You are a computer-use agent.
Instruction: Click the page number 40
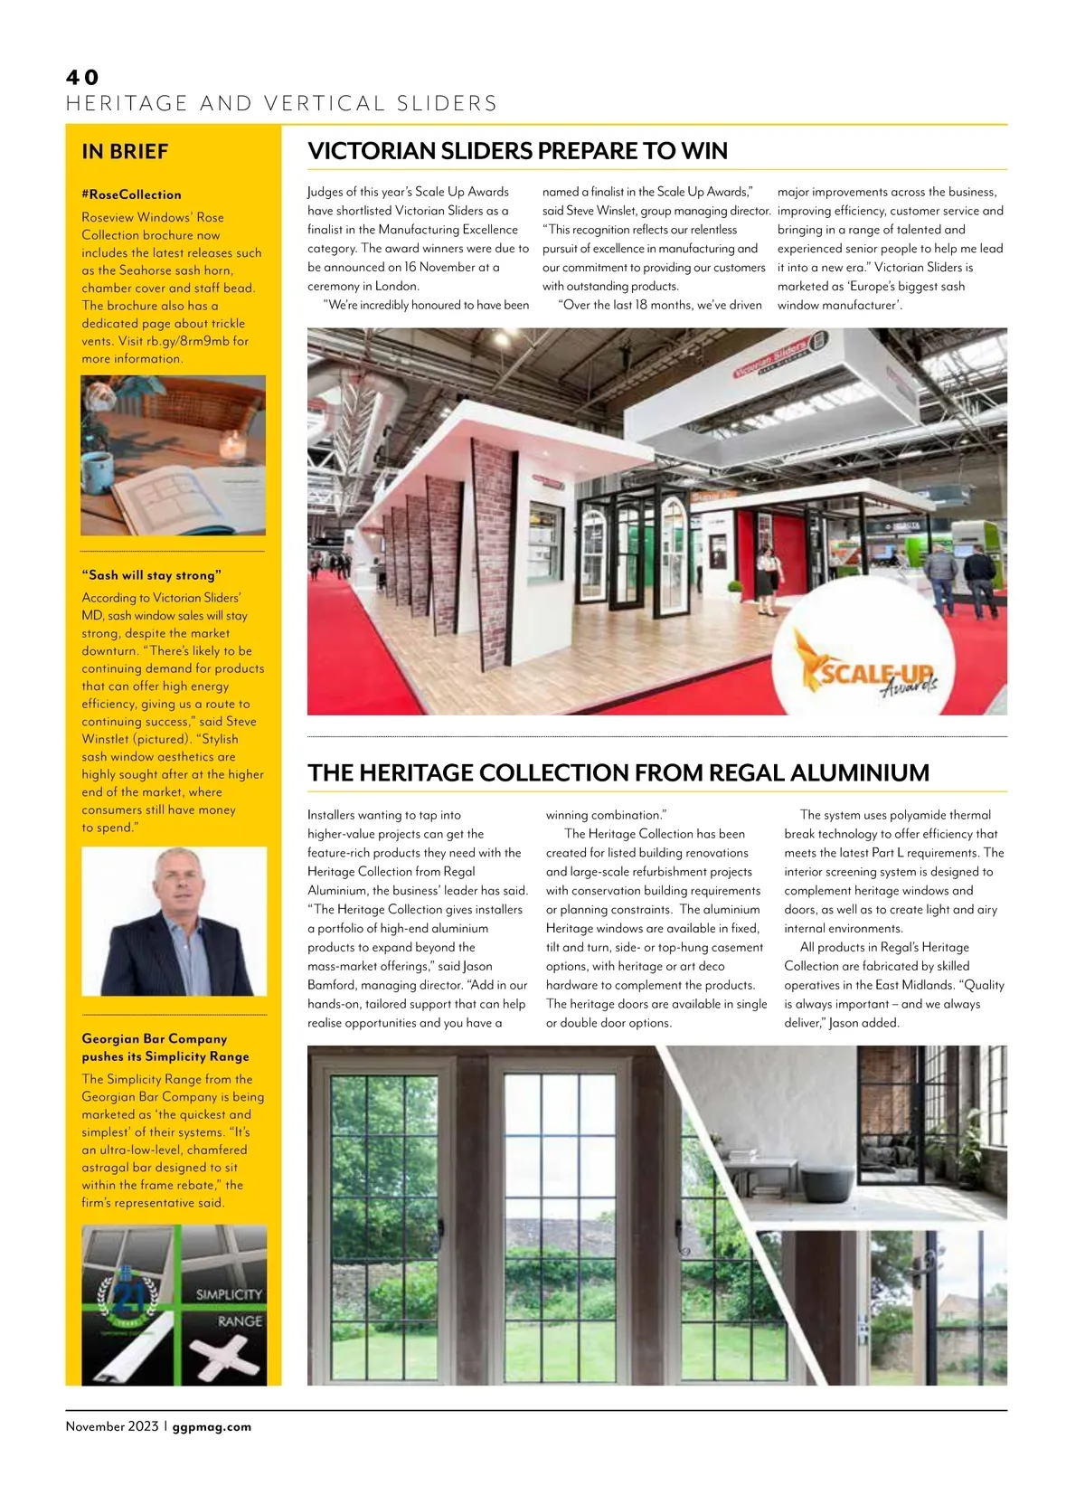(x=82, y=78)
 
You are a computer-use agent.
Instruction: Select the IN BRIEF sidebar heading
(x=125, y=152)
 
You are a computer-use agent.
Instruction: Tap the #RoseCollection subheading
(x=131, y=194)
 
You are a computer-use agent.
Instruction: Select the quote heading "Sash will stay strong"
(x=151, y=575)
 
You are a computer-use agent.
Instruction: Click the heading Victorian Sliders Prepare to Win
(x=517, y=151)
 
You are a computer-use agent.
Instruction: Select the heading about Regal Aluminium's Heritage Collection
(x=618, y=773)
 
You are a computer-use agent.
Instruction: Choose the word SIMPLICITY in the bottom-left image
(x=229, y=1294)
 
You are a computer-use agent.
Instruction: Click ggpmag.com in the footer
(x=212, y=1427)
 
